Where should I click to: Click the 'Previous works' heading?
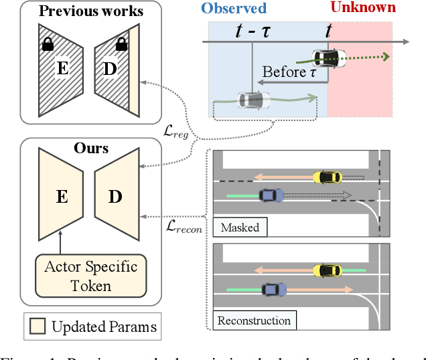pos(90,11)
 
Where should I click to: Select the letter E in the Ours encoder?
pos(61,196)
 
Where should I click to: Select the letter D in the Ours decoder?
pos(115,196)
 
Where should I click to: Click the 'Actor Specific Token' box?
pos(90,276)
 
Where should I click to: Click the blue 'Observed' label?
pos(237,9)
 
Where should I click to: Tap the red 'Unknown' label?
pos(362,9)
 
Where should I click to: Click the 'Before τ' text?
pos(289,72)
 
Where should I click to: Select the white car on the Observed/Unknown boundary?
pos(328,58)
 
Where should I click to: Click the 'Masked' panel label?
pos(240,228)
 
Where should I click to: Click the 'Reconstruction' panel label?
pos(254,321)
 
